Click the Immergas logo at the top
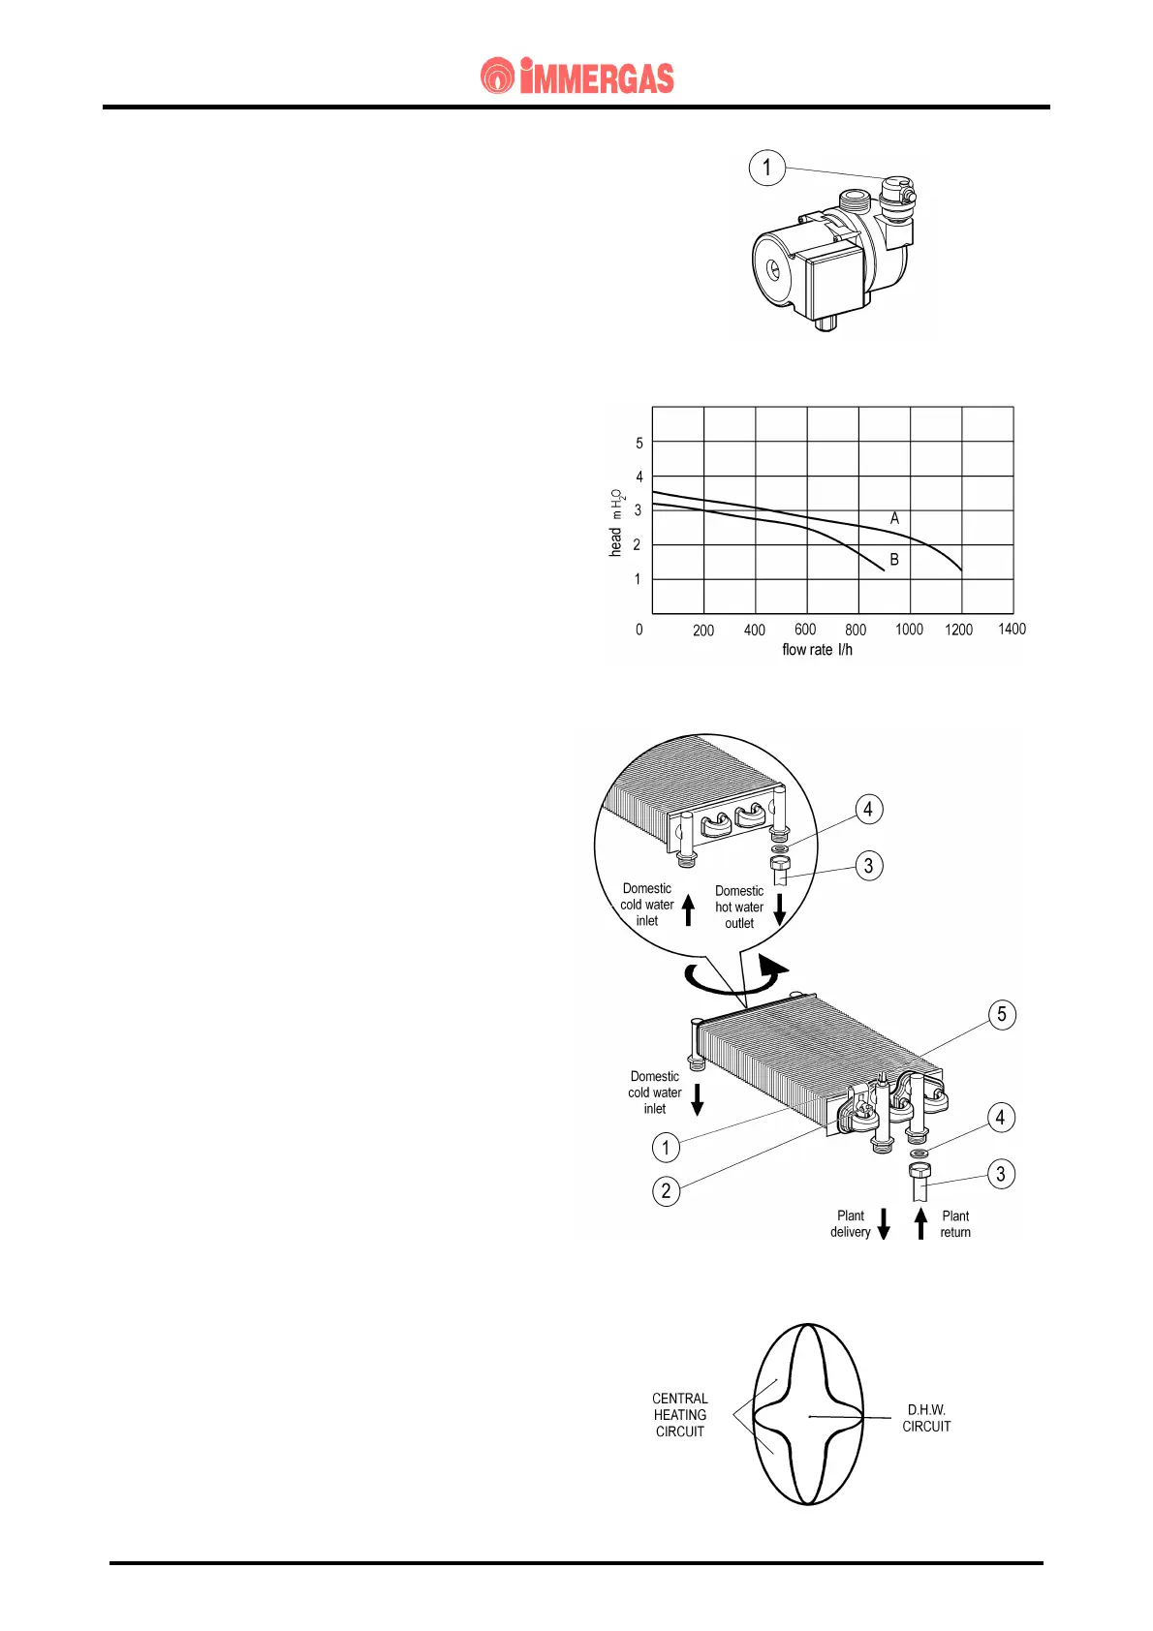coord(577,77)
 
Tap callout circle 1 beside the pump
coord(766,168)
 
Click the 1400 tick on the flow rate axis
coord(1012,630)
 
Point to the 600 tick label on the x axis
coord(805,630)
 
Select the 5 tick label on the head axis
coord(639,444)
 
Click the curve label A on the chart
coord(894,519)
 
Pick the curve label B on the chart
coord(894,560)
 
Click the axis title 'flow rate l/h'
coord(817,650)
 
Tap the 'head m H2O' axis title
coord(616,523)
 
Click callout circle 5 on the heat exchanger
coord(1002,1015)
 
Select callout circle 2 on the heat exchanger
coord(666,1190)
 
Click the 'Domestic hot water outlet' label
coord(739,907)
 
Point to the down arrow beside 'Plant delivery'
coord(884,1224)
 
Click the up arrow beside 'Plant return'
coord(921,1224)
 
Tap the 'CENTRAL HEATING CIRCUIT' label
coord(679,1415)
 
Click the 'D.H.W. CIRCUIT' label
coord(926,1418)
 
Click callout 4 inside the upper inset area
coord(868,810)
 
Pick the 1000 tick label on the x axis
coord(909,630)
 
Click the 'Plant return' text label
coord(955,1224)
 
